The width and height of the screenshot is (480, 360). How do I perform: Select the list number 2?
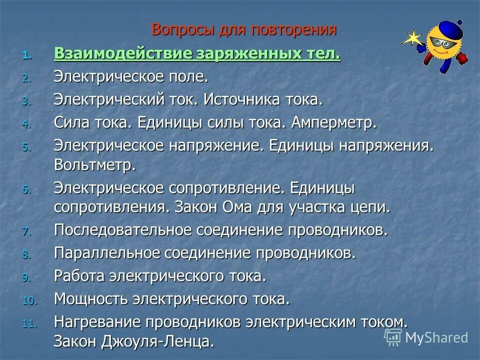[26, 78]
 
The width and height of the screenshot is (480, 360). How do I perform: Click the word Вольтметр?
[94, 165]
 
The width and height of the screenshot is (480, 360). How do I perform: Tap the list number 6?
[26, 190]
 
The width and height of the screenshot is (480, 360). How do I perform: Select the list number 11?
[29, 323]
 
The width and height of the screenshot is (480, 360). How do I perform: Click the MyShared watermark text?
[436, 337]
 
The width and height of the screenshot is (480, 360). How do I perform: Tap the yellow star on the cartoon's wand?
[413, 38]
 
